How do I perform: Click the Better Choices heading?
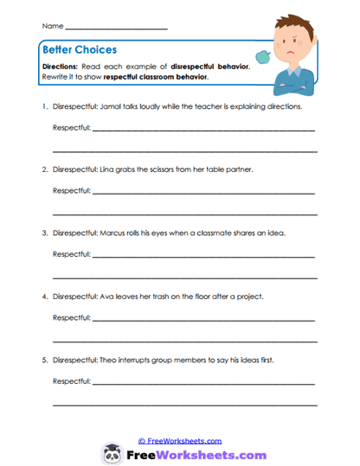(79, 49)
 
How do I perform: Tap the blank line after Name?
(116, 28)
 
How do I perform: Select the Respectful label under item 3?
(72, 255)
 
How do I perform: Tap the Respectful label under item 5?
(72, 381)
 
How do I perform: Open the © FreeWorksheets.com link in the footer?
(180, 440)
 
